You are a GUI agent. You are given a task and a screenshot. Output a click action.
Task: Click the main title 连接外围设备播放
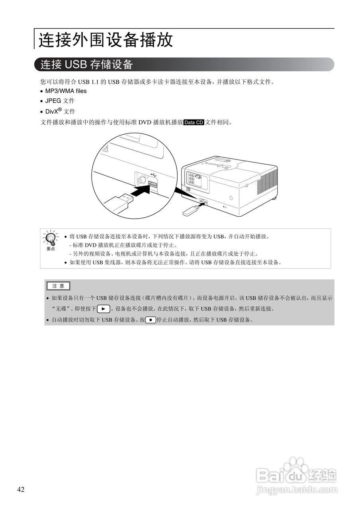(x=106, y=40)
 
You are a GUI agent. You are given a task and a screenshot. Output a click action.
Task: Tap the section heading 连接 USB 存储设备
(x=86, y=64)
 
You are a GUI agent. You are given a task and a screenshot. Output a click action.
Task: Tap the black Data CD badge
(x=194, y=122)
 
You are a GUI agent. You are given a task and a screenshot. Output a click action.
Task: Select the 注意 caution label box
(x=58, y=286)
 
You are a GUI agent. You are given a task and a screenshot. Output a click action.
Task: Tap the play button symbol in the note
(x=103, y=308)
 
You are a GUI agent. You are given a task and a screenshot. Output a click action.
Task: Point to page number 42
(x=21, y=490)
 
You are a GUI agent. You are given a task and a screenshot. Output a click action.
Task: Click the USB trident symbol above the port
(x=154, y=175)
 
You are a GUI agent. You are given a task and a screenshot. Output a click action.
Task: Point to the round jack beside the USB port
(x=141, y=180)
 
